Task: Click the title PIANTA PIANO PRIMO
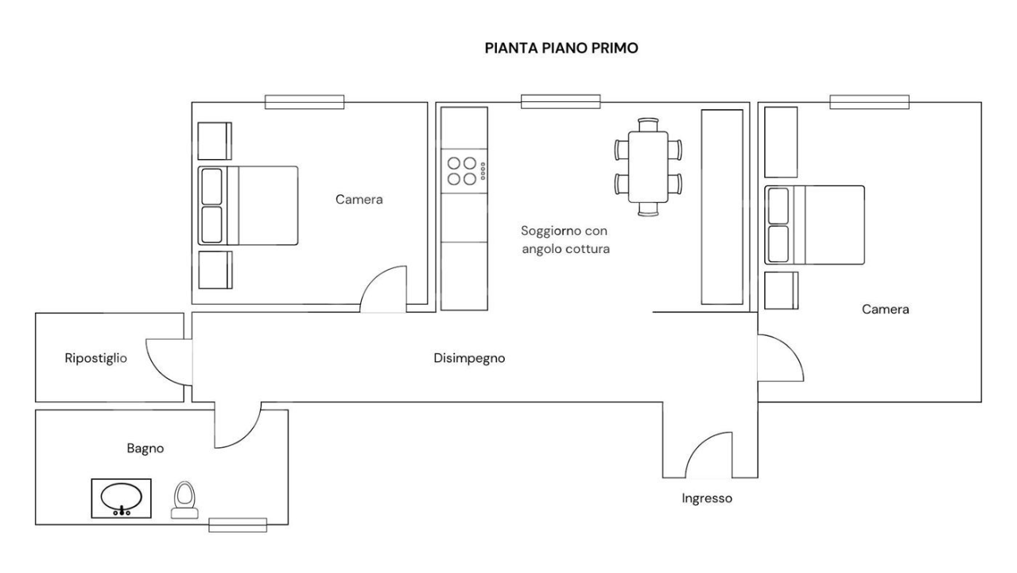click(561, 49)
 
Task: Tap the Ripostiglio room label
click(95, 358)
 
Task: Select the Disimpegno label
click(469, 358)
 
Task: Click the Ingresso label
click(707, 499)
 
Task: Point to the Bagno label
click(146, 448)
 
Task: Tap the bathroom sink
click(122, 498)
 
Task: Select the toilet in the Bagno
click(184, 500)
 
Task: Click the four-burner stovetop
click(463, 170)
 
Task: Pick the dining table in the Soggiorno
click(647, 166)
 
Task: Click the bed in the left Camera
click(248, 205)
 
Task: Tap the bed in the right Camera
click(814, 224)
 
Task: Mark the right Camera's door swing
click(778, 358)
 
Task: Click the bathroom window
click(237, 524)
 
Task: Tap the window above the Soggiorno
click(561, 101)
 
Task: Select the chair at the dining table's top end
click(649, 123)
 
